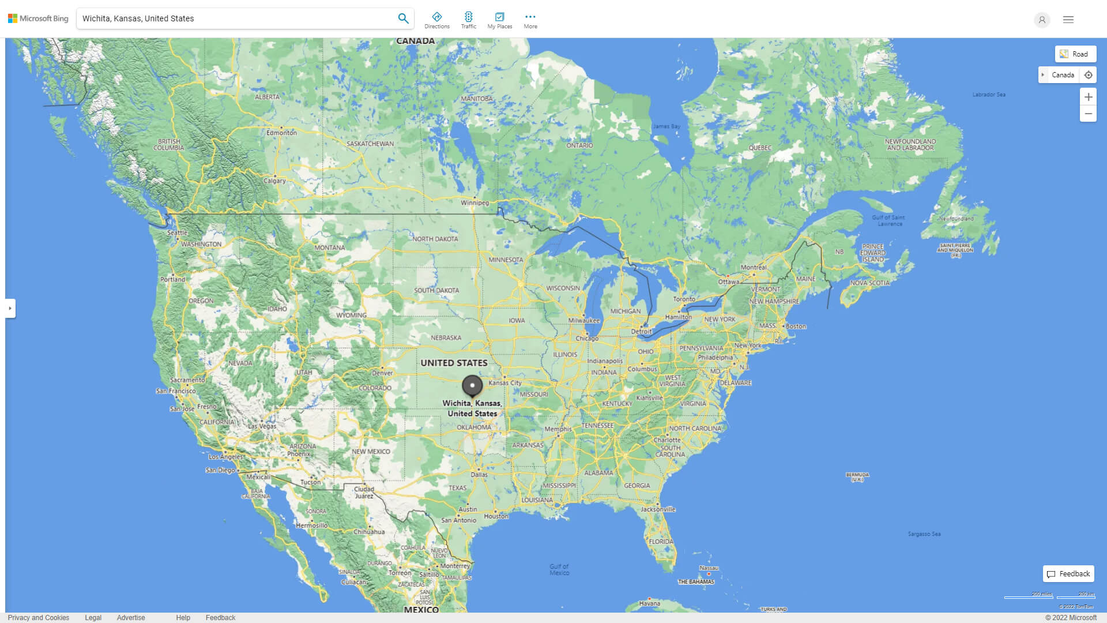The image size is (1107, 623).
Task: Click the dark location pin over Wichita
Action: pyautogui.click(x=472, y=385)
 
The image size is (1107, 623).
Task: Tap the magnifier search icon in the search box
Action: pyautogui.click(x=403, y=18)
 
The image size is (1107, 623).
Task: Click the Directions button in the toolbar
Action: pyautogui.click(x=436, y=20)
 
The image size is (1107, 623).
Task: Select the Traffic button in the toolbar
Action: pyautogui.click(x=468, y=20)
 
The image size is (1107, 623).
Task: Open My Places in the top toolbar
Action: pyautogui.click(x=499, y=20)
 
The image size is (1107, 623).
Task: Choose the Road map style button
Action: pyautogui.click(x=1075, y=54)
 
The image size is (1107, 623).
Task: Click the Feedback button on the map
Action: pyautogui.click(x=1068, y=574)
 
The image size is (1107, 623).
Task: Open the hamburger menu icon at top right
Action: pyautogui.click(x=1068, y=20)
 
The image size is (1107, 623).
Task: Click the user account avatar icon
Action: pyautogui.click(x=1042, y=20)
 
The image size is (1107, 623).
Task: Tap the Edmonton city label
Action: pyautogui.click(x=281, y=133)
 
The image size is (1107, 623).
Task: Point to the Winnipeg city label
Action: pyautogui.click(x=475, y=203)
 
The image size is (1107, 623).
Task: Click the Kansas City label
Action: pyautogui.click(x=504, y=383)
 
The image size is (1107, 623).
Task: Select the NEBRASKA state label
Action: pyautogui.click(x=446, y=338)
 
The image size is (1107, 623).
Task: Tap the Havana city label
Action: pyautogui.click(x=650, y=603)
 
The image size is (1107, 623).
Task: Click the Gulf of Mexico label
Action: pyautogui.click(x=559, y=569)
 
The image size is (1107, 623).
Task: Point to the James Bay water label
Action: pyautogui.click(x=667, y=126)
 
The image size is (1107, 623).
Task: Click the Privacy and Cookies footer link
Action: pyautogui.click(x=39, y=618)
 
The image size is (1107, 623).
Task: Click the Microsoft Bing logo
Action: pyautogui.click(x=38, y=18)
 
